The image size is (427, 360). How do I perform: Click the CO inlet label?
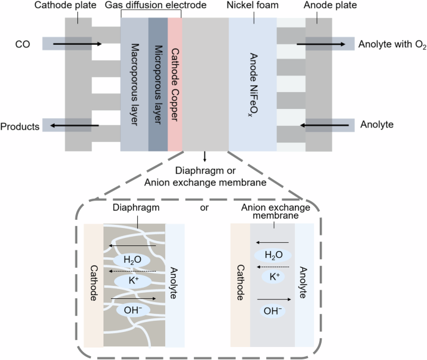pos(22,44)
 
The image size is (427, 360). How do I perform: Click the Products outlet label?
pos(20,126)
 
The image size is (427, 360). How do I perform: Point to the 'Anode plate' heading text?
pos(319,6)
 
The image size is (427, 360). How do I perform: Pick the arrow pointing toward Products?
pos(74,126)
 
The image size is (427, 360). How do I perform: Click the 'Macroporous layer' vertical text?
pos(135,85)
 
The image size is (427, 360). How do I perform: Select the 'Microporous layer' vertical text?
pos(158,85)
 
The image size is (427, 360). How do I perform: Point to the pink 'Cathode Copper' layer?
pos(175,85)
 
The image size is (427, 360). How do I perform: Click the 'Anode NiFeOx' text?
pos(253,85)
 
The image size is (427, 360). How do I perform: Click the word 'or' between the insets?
pos(203,207)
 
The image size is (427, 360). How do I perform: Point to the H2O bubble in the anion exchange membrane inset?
pos(272,255)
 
